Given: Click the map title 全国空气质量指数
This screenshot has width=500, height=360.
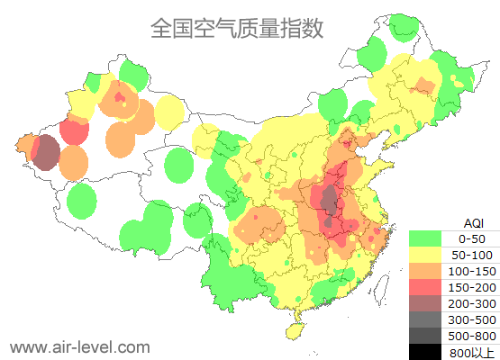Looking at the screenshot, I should pos(236,29).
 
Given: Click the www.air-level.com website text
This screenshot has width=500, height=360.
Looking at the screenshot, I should pos(79,346).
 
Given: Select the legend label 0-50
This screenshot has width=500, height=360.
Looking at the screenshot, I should pos(471,238).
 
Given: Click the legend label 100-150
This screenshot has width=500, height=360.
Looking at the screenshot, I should pos(472,271).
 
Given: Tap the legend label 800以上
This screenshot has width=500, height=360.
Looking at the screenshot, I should pos(472,352).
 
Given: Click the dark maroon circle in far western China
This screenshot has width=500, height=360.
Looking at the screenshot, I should pos(44,152).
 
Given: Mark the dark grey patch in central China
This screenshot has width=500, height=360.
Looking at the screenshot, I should pos(330,197).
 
